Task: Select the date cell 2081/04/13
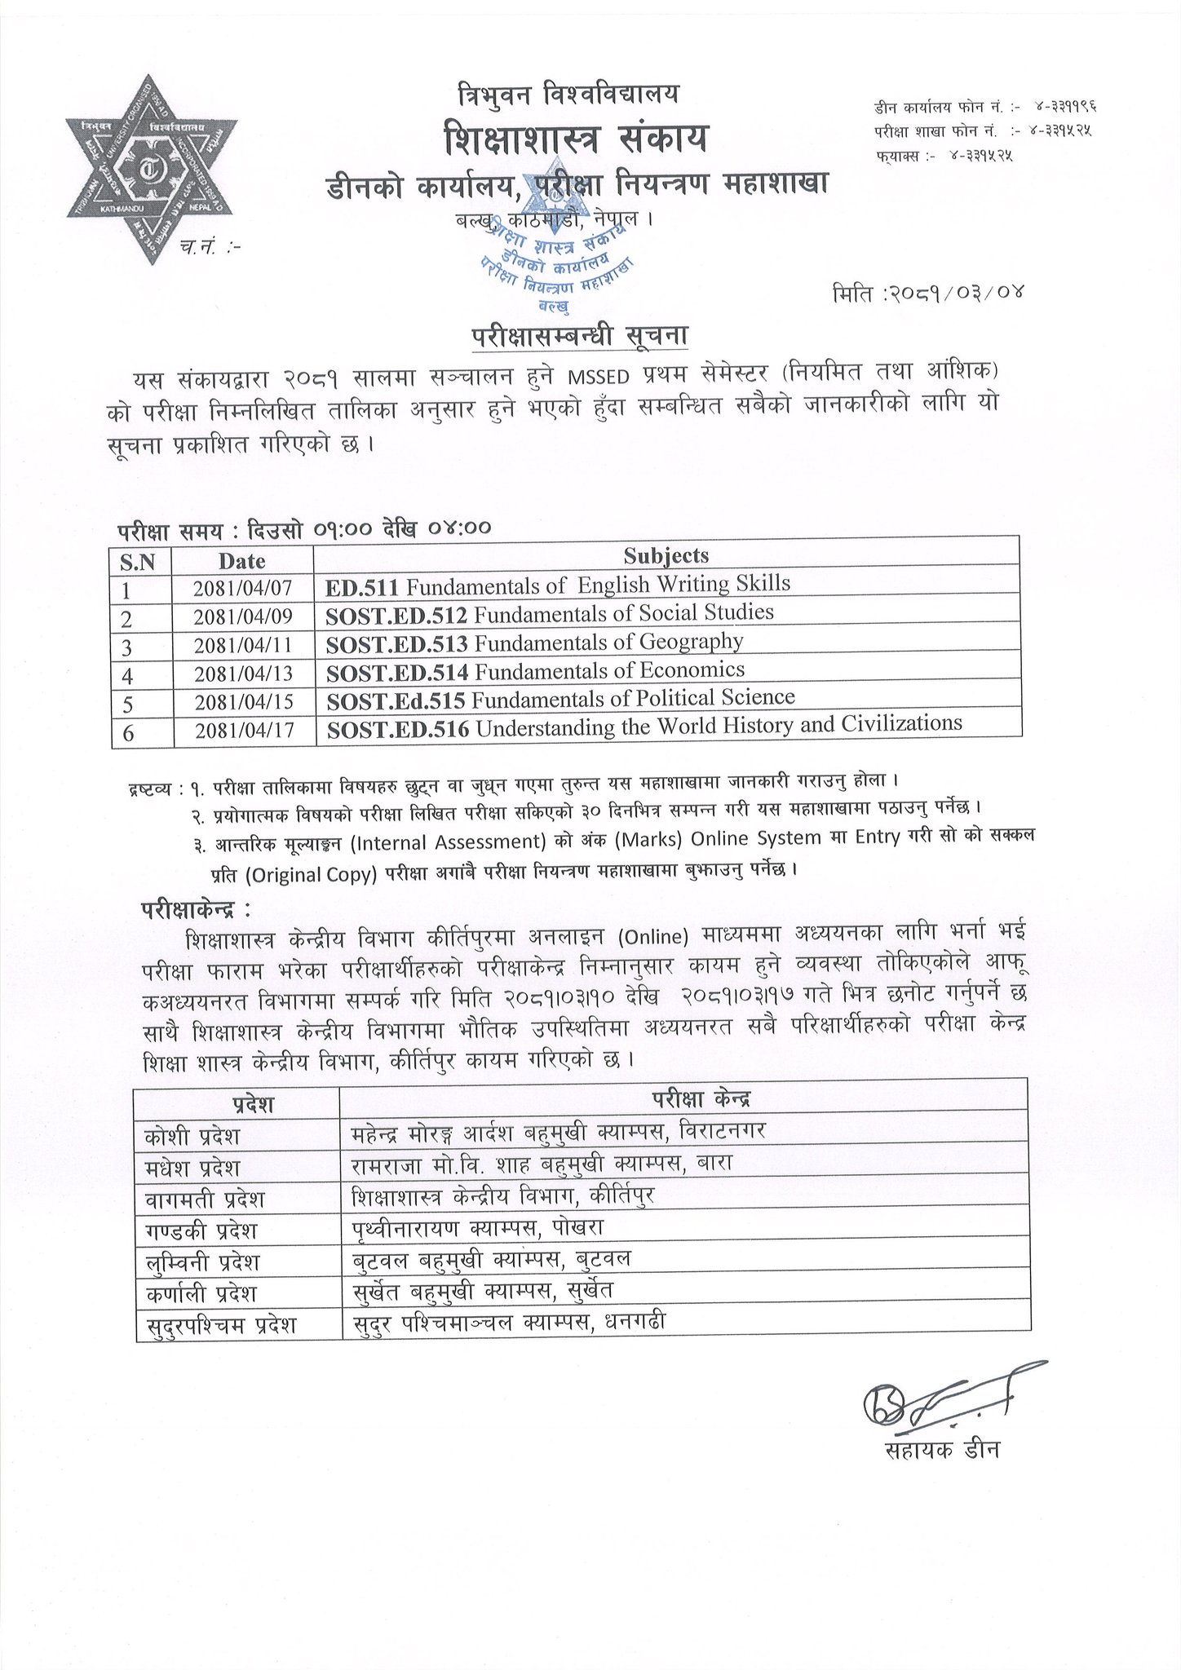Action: [x=243, y=674]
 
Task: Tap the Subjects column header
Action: [x=666, y=555]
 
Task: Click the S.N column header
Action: [x=143, y=562]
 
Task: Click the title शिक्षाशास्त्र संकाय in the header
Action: [x=575, y=138]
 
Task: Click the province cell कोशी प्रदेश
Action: [x=192, y=1136]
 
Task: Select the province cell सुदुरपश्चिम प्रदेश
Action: [x=219, y=1326]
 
